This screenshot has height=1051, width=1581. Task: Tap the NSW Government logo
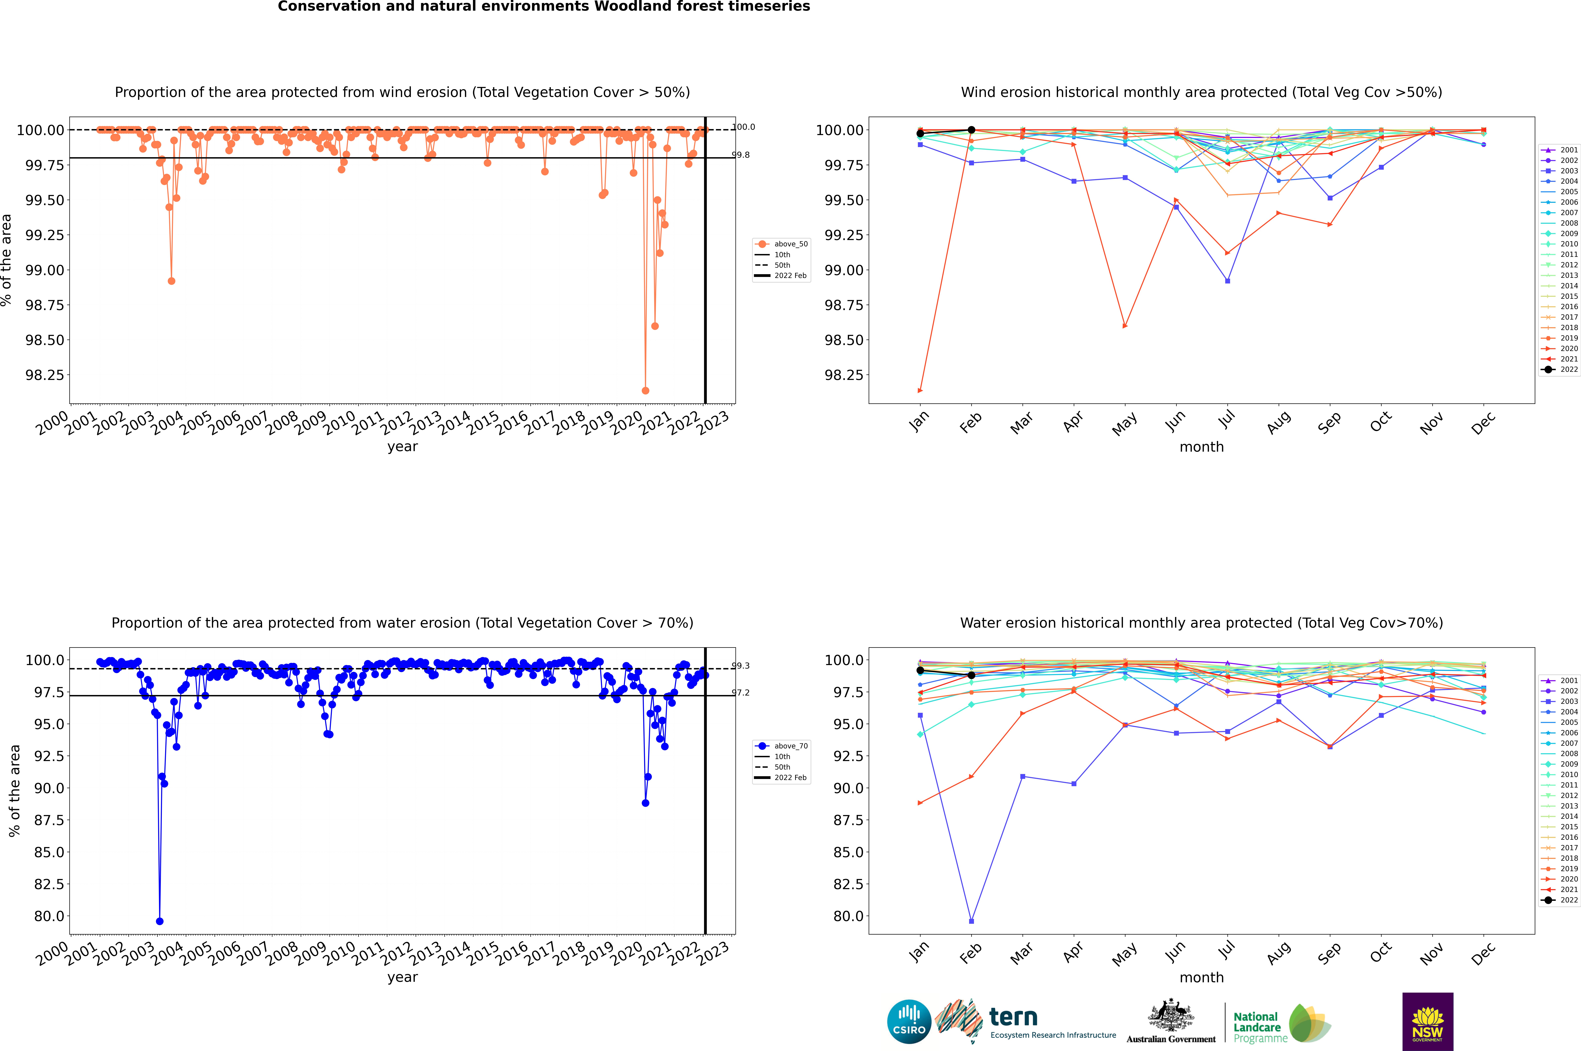(1427, 1022)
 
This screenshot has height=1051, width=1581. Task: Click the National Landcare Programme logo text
(1257, 1027)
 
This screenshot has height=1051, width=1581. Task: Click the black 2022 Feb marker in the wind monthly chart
(971, 130)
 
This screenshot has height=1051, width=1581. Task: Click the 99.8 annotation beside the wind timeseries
(741, 155)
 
